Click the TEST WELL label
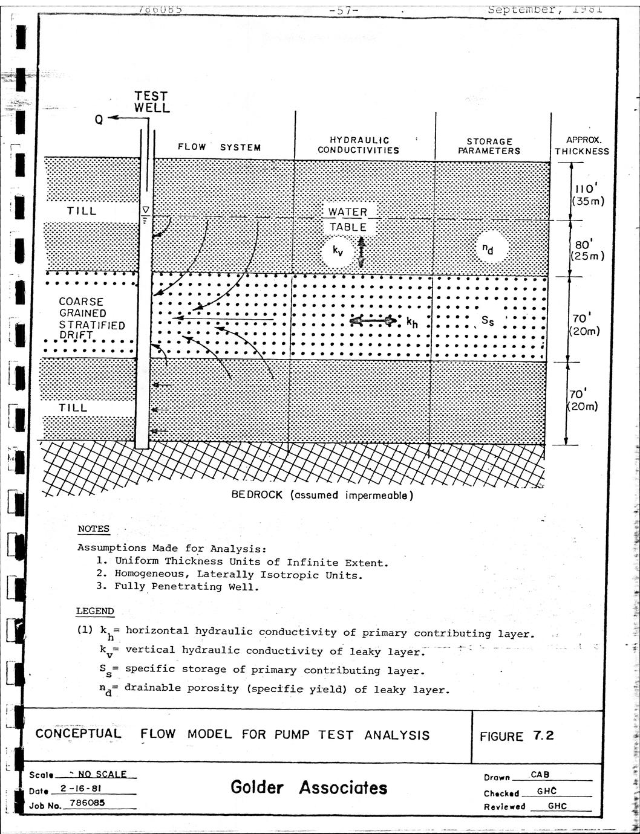tap(151, 102)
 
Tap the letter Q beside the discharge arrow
tap(99, 119)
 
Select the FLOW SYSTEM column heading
tap(219, 147)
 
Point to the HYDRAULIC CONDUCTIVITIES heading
tap(358, 145)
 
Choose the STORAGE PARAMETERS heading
tap(489, 146)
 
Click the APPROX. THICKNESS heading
tap(581, 146)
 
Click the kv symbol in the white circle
tap(338, 251)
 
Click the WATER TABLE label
tap(348, 219)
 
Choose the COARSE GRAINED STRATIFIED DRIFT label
tap(91, 318)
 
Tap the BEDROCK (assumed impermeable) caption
tap(322, 495)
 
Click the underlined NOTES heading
tap(94, 529)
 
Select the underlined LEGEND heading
tap(95, 611)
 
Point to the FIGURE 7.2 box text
tap(516, 736)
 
